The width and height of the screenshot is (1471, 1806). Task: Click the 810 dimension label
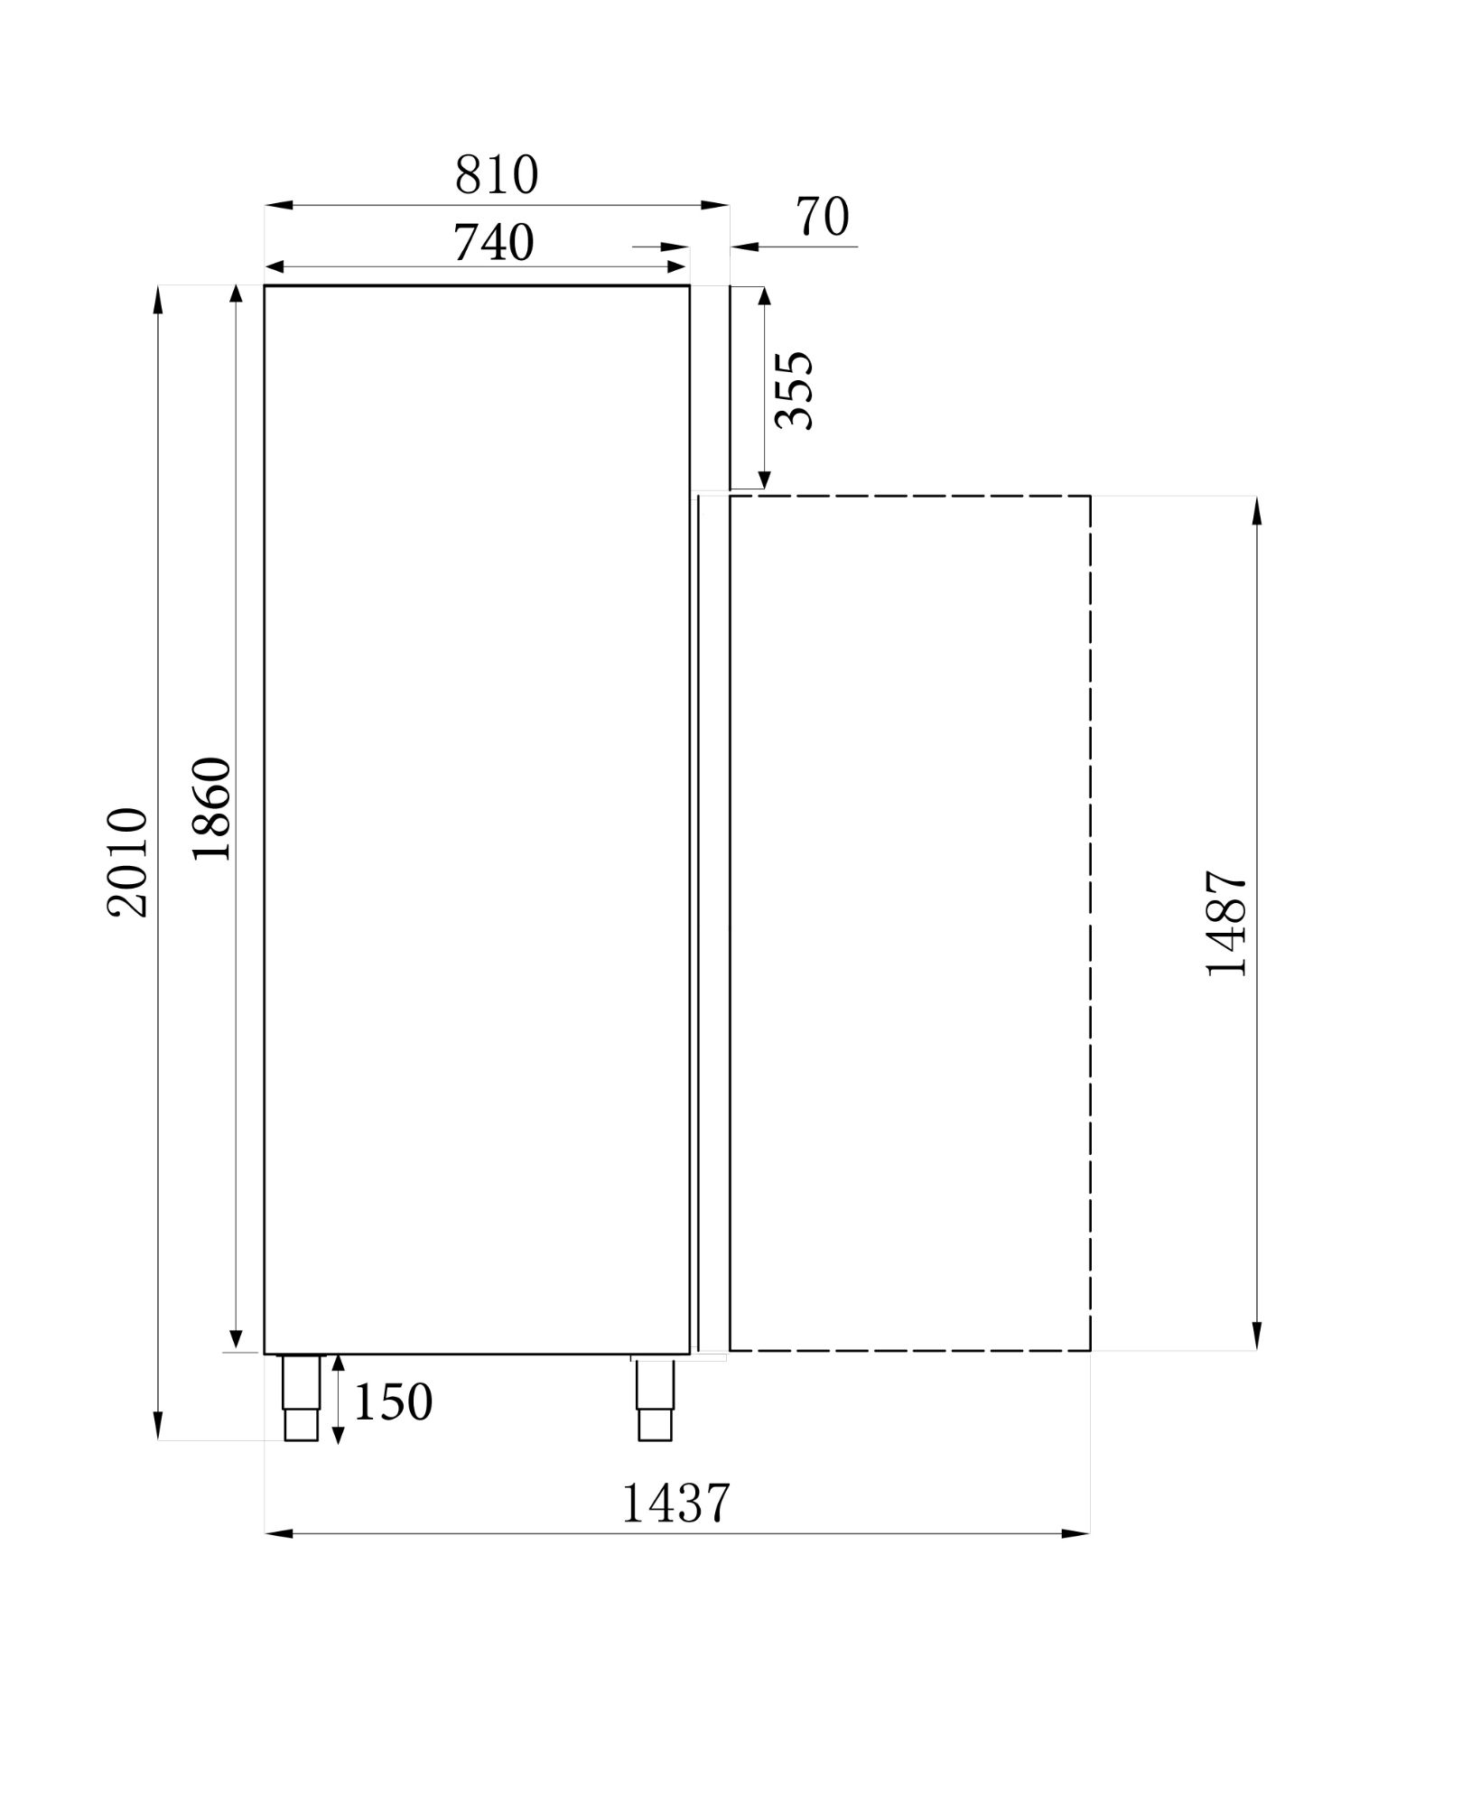click(x=497, y=175)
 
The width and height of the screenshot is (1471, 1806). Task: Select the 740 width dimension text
click(x=493, y=242)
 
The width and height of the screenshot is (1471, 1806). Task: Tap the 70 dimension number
click(x=823, y=218)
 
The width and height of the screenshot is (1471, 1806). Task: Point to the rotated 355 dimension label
click(x=796, y=390)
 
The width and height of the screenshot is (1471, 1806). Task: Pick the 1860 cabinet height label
click(x=213, y=808)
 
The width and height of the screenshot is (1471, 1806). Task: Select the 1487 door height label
click(x=1226, y=923)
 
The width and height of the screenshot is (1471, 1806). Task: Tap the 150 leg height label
click(x=393, y=1402)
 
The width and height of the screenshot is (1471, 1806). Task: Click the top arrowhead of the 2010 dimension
click(x=158, y=299)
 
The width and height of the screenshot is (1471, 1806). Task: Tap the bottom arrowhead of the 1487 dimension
click(x=1257, y=1337)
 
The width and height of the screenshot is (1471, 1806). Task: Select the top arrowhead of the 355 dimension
click(x=764, y=297)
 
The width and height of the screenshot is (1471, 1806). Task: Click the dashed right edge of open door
click(x=1091, y=921)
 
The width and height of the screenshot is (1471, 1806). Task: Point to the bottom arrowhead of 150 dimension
click(x=338, y=1432)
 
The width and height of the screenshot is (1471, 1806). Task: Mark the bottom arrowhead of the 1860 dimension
click(x=236, y=1338)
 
